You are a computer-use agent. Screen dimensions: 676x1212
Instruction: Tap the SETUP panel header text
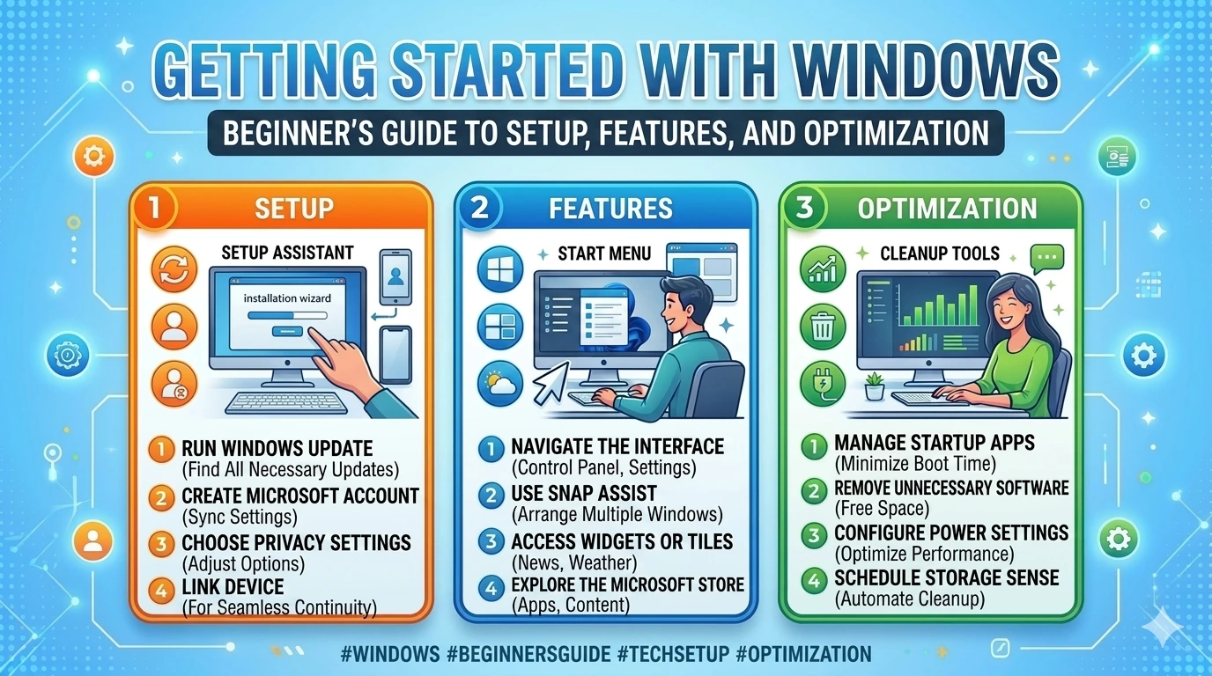click(x=293, y=209)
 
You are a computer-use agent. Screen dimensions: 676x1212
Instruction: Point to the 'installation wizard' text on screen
click(x=287, y=298)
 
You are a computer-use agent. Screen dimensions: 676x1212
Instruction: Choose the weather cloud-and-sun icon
click(x=499, y=385)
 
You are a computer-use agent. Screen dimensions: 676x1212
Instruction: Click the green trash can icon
click(x=821, y=328)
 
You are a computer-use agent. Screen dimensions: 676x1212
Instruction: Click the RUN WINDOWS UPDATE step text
click(x=277, y=448)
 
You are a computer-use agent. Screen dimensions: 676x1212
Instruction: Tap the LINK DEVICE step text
click(x=233, y=586)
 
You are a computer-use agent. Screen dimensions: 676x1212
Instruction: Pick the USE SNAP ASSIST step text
click(x=583, y=493)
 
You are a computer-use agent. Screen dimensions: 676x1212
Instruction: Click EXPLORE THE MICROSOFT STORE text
click(x=627, y=584)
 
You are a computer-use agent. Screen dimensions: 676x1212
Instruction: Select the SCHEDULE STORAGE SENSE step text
click(x=946, y=578)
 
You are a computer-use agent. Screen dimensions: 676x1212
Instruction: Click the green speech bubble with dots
click(x=1046, y=258)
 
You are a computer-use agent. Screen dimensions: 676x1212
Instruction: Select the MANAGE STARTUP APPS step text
click(x=935, y=442)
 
